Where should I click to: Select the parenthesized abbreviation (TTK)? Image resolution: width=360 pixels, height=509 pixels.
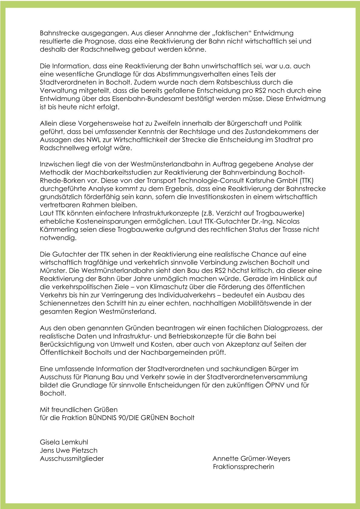pos(306,181)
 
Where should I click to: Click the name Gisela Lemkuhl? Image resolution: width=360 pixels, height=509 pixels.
pos(64,442)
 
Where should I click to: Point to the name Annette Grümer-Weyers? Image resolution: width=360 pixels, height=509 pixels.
pos(251,458)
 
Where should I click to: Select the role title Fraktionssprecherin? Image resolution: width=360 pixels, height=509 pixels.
pos(244,467)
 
